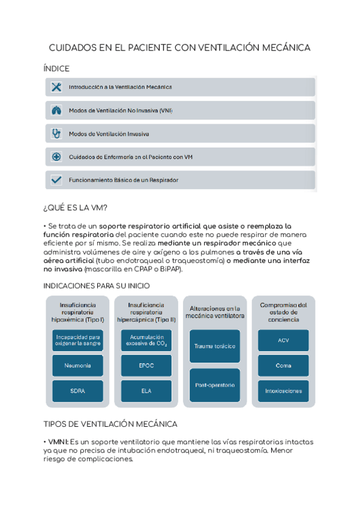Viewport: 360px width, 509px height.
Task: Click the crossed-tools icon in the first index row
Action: (56, 87)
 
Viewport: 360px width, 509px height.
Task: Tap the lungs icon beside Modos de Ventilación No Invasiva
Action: (56, 110)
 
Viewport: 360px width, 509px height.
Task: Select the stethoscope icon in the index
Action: (56, 133)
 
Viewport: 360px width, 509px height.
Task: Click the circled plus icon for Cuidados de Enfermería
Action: (56, 157)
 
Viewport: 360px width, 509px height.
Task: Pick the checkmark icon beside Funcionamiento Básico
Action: (56, 179)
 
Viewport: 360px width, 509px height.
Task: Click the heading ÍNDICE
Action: (56, 69)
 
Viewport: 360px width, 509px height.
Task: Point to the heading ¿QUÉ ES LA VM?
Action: (76, 208)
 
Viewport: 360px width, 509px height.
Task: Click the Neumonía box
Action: (77, 365)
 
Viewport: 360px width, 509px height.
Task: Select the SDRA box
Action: (77, 391)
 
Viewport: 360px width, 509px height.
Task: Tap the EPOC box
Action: (146, 365)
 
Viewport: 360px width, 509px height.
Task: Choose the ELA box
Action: (146, 391)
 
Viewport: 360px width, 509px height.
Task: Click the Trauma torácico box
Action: (215, 346)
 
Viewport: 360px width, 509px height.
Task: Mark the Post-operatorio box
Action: (215, 385)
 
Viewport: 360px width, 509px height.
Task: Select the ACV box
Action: (283, 340)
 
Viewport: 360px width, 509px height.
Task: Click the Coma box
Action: (283, 365)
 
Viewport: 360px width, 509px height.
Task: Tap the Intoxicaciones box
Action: (283, 391)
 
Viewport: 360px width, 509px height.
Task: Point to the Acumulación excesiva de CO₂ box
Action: (146, 340)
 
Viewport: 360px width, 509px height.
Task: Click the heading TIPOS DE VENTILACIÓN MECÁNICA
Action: (110, 424)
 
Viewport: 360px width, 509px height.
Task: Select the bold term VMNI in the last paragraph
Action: (58, 442)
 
